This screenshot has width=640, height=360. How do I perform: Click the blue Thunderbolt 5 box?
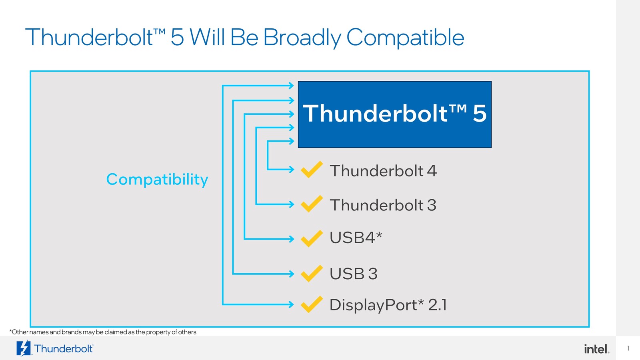[394, 114]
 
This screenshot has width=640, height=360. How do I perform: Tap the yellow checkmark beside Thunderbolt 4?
[312, 170]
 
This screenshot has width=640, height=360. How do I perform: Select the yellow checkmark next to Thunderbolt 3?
[312, 204]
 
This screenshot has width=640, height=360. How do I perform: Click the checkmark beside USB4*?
[312, 239]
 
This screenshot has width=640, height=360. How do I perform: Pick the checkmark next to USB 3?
[312, 274]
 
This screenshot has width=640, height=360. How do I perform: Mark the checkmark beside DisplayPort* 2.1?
[312, 304]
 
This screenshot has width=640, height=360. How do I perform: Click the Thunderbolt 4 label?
[383, 171]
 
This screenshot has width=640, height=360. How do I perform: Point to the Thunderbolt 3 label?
[383, 205]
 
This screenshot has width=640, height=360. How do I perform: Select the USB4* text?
[356, 238]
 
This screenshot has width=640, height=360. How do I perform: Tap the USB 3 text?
[353, 274]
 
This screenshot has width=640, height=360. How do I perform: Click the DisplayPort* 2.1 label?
[388, 305]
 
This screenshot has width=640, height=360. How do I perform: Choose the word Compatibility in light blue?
[157, 179]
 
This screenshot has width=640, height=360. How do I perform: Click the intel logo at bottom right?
[596, 349]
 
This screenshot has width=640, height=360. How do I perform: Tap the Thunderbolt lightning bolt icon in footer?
[23, 348]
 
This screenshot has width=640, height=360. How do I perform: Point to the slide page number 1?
[628, 348]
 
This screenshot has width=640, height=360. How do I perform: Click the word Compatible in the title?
[405, 38]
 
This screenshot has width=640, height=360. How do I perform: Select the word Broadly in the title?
[302, 38]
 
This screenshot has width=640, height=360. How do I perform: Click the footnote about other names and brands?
[103, 332]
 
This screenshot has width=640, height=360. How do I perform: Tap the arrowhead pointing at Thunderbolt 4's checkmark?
[292, 170]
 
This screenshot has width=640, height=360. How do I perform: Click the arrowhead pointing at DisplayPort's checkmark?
[292, 304]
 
